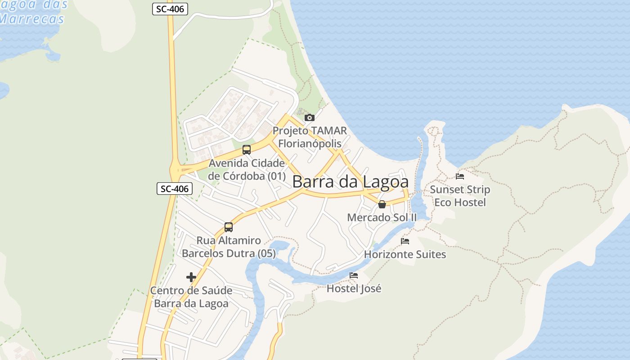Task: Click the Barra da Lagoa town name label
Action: (351, 182)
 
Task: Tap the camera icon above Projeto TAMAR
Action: (310, 118)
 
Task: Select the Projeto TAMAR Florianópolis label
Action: (310, 137)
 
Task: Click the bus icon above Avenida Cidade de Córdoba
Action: (247, 150)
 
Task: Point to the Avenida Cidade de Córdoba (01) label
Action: (247, 170)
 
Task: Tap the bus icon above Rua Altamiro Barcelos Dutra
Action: (229, 227)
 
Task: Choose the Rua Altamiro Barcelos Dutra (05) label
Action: (229, 247)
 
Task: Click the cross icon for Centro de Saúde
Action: (191, 277)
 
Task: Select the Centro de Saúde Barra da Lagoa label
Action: (191, 297)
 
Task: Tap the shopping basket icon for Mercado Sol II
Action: (382, 204)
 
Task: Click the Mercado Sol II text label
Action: (382, 218)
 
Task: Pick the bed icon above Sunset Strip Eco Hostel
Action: (460, 176)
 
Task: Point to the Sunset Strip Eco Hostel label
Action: (460, 196)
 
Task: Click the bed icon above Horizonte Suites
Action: (405, 241)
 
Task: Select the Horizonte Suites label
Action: (405, 255)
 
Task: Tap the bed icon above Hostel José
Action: (354, 275)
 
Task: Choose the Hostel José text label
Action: (354, 289)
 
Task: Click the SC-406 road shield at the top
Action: (170, 9)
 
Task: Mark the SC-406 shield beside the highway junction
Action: (175, 189)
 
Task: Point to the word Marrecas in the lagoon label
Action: (31, 19)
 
